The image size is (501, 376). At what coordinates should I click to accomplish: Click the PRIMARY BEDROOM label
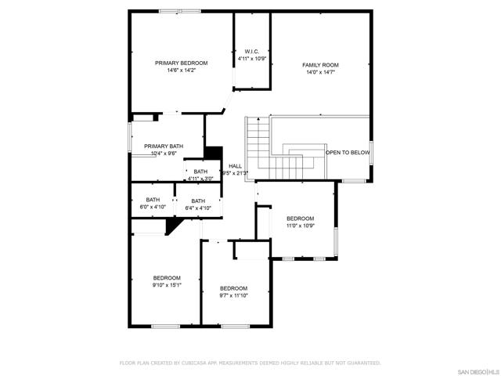coord(181,63)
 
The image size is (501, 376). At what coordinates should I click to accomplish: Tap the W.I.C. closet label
coord(252,52)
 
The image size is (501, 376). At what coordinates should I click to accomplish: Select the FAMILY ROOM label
coord(321,64)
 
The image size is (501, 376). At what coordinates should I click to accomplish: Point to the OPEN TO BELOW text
coord(348,153)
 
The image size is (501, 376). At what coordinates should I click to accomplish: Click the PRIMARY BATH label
coord(164,146)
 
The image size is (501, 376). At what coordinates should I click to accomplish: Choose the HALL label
coord(235,166)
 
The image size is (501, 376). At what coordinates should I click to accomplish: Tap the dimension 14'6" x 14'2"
coord(181,70)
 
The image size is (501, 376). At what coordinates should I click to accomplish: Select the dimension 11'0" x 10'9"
coord(300,226)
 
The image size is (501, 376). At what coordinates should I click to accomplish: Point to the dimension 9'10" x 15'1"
coord(167,285)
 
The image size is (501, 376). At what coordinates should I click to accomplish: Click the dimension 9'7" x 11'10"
coord(233,295)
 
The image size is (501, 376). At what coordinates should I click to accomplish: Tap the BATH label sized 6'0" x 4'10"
coord(153,201)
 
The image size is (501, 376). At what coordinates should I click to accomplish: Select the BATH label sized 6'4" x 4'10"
coord(198,201)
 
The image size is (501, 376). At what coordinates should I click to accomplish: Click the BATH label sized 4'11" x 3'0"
coord(201,172)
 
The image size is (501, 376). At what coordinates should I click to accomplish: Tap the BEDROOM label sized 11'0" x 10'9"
coord(300,219)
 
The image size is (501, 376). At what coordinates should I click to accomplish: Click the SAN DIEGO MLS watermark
coord(477,369)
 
